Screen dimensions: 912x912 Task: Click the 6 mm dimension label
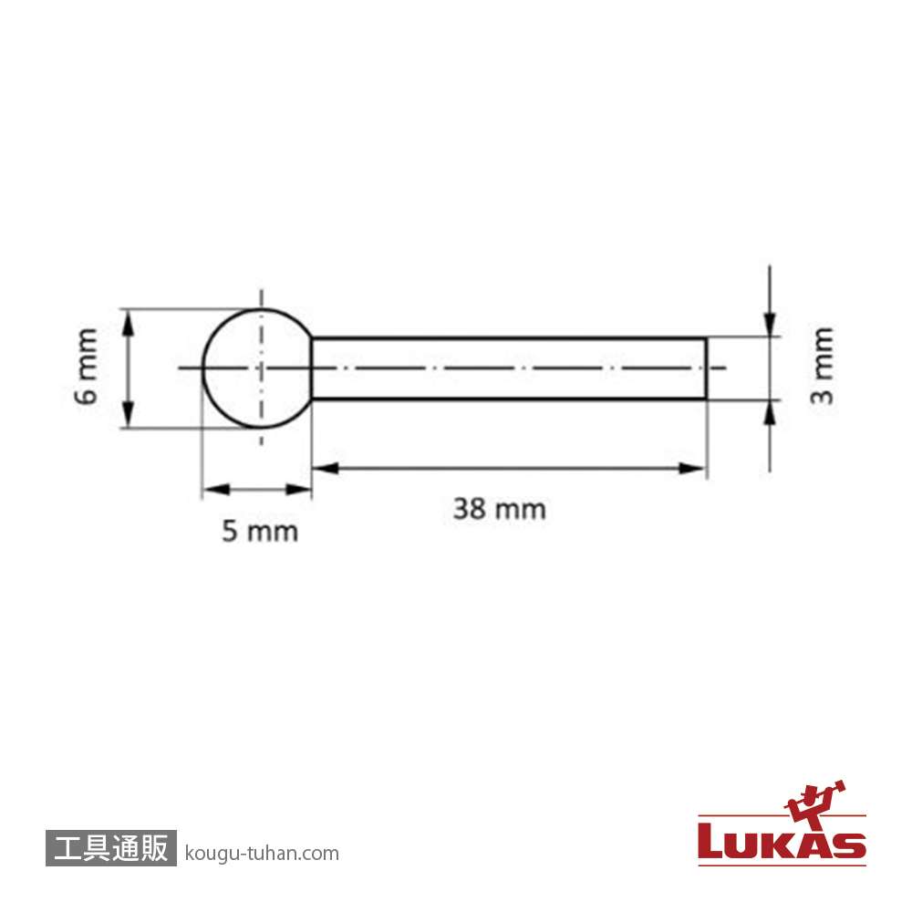point(86,366)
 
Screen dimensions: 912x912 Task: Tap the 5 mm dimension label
point(260,532)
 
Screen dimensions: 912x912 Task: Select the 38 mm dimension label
point(500,509)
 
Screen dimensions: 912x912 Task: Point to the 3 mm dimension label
point(823,366)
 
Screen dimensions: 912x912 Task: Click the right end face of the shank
point(707,368)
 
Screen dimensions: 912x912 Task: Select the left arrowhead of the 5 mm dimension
point(215,489)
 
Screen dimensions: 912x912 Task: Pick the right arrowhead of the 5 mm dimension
point(298,489)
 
